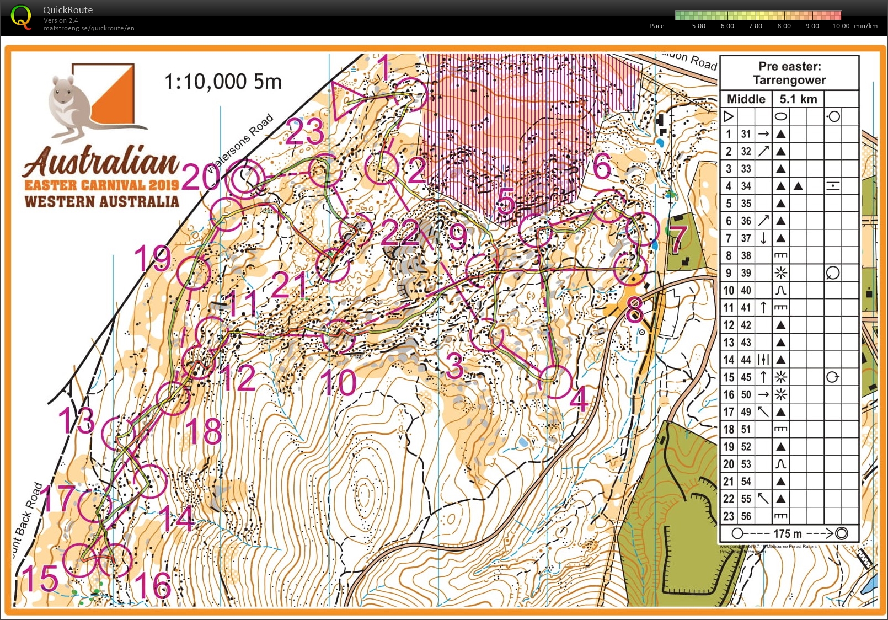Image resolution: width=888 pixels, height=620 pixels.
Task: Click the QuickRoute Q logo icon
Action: (21, 17)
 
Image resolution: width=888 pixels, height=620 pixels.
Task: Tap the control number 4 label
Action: (579, 399)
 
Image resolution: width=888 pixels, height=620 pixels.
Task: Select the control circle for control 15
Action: (81, 560)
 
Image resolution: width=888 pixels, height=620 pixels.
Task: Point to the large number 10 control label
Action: (338, 382)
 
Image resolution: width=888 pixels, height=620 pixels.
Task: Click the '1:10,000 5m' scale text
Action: (223, 82)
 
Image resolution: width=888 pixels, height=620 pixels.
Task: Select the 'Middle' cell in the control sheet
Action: (746, 99)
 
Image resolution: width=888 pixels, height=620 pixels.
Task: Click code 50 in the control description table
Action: (746, 394)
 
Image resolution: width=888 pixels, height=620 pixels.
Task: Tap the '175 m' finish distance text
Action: (788, 533)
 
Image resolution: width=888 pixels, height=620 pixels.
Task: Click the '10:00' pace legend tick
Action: (841, 26)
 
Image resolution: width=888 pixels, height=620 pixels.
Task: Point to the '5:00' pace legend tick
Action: (698, 26)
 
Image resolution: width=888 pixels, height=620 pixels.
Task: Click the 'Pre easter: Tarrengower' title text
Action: (789, 73)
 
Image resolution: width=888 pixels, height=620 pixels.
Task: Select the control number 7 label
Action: (678, 238)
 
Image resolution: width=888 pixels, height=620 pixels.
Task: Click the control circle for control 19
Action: (194, 272)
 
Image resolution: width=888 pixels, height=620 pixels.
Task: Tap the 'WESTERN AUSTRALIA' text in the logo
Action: (102, 201)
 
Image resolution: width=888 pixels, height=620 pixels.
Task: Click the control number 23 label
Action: (304, 131)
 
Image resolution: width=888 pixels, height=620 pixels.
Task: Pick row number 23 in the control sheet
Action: (729, 516)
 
